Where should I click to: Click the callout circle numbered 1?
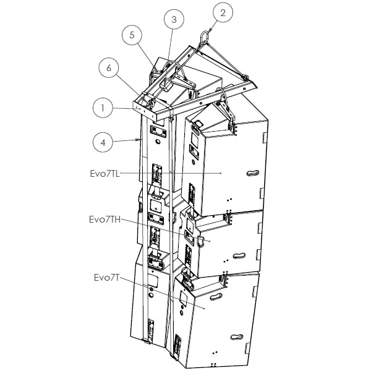pos(103,108)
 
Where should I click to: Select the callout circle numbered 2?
pos(223,12)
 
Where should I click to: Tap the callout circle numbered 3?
pos(174,20)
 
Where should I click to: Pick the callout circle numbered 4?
pos(103,142)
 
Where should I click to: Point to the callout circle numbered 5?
pos(131,35)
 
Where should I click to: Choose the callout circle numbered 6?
pos(109,69)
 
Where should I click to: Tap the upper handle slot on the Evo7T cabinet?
pos(215,297)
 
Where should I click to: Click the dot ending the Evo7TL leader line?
pos(221,174)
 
